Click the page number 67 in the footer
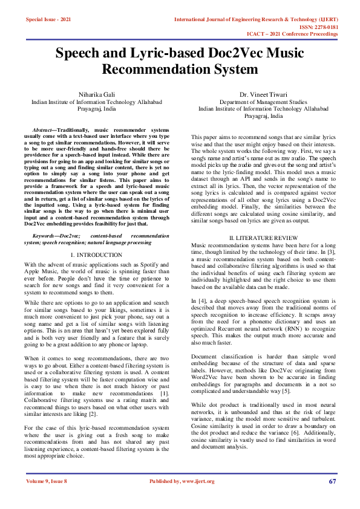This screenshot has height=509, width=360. pyautogui.click(x=333, y=481)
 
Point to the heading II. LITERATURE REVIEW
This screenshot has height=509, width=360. pyautogui.click(x=260, y=238)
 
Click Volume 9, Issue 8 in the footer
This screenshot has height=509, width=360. pyautogui.click(x=47, y=481)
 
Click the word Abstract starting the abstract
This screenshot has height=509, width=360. pyautogui.click(x=42, y=130)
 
